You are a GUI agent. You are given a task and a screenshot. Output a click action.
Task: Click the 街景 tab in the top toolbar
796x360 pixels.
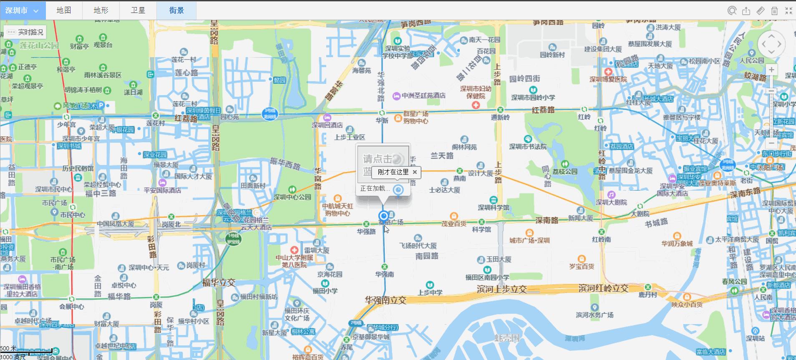point(176,10)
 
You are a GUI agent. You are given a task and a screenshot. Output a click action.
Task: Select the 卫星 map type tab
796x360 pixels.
point(138,10)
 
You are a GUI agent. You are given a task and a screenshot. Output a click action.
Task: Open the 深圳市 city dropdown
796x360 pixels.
point(22,10)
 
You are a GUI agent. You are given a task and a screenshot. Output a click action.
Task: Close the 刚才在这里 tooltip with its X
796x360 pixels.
point(415,172)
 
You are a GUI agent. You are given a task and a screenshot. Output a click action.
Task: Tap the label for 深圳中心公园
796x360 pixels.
point(292,197)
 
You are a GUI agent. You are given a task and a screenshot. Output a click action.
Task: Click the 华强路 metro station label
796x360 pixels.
point(366,231)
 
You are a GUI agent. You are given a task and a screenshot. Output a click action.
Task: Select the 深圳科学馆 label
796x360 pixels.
point(494,207)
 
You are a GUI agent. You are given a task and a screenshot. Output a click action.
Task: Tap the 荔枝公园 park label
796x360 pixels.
point(565,171)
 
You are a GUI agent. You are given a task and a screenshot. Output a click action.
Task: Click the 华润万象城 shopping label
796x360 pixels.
point(677,243)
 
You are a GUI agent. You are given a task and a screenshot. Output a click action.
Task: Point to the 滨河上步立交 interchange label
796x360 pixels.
point(502,289)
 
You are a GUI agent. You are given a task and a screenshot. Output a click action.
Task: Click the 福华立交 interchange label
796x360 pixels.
point(219,283)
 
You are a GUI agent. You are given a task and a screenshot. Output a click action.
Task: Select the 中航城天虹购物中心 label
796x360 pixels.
point(338,209)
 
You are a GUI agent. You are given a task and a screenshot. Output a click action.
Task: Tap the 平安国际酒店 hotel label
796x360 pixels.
point(163,190)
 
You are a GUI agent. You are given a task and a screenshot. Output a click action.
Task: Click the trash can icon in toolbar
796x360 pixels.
point(774,11)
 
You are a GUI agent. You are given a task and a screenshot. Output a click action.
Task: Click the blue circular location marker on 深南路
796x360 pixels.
point(383,216)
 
